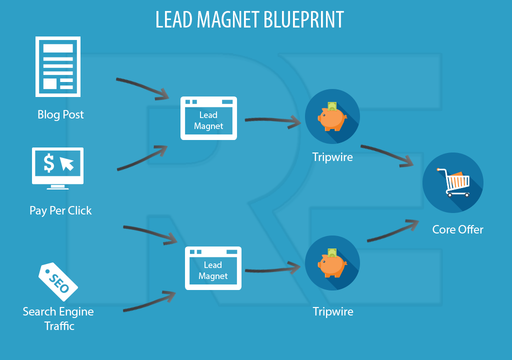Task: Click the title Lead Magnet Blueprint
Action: pos(249,20)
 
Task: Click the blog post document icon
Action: pos(57,66)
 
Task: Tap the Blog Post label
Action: pos(60,114)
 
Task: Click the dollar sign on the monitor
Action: pos(48,163)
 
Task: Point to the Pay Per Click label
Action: pos(60,210)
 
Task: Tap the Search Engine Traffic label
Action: pos(58,318)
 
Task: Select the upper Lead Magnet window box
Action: pos(208,118)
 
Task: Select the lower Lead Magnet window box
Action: pos(213,268)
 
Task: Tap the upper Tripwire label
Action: pos(332,157)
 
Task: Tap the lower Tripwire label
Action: pos(333,311)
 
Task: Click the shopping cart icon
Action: pos(452,182)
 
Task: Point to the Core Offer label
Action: pos(457,229)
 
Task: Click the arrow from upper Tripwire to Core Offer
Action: pos(387,154)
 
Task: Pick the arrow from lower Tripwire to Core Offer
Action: pos(392,231)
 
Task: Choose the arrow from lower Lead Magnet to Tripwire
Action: pos(272,270)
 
